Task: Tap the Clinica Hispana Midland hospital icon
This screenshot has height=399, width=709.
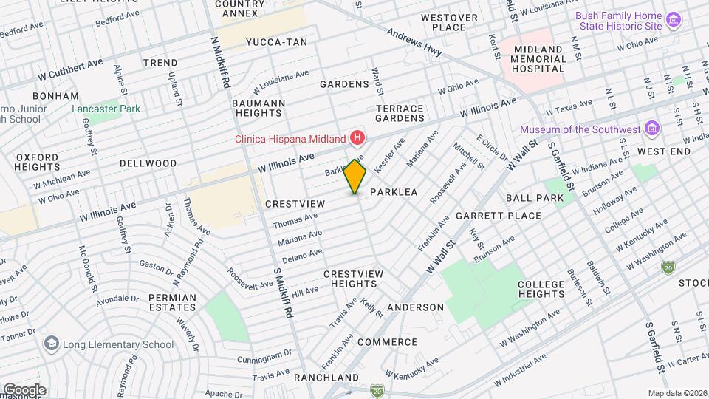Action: [x=358, y=138]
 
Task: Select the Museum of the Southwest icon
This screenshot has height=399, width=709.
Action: [x=651, y=129]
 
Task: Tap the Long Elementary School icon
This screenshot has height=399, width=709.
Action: [x=51, y=344]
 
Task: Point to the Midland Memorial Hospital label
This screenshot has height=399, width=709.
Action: [x=539, y=58]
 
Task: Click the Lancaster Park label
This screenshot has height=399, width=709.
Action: [x=106, y=109]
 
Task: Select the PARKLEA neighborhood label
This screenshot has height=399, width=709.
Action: [x=394, y=192]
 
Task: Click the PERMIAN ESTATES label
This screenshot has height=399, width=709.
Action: [x=172, y=303]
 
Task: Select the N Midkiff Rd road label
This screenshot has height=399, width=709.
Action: [x=217, y=65]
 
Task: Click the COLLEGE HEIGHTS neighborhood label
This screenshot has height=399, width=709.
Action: [x=541, y=289]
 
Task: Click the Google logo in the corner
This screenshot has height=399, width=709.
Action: [x=24, y=389]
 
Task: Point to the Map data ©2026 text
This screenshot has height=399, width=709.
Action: [x=677, y=393]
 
